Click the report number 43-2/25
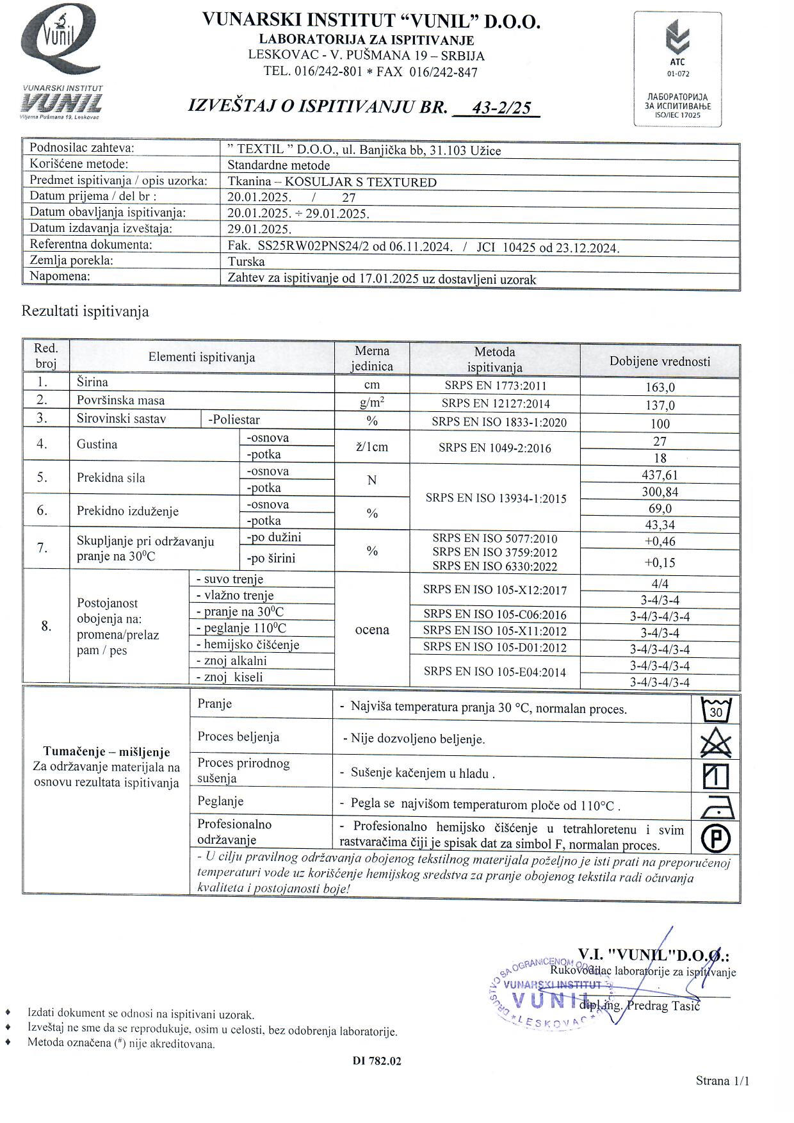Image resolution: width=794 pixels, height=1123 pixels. tap(501, 108)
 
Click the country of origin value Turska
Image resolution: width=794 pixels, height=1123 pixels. tap(247, 261)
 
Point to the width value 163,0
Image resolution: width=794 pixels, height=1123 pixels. tap(660, 388)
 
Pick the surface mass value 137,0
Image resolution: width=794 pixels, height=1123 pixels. tap(660, 406)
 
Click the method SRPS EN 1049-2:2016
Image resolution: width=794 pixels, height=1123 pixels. tap(494, 448)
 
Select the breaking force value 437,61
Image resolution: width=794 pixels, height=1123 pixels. tap(660, 475)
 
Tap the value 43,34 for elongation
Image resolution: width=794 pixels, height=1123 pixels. tap(660, 525)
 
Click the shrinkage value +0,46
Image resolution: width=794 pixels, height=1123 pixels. tap(660, 541)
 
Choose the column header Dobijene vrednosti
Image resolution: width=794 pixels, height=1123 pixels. tap(660, 361)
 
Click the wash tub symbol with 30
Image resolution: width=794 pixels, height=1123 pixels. tap(716, 710)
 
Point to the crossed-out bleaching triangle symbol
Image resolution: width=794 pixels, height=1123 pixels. tap(716, 743)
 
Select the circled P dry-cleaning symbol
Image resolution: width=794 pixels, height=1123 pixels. tap(717, 837)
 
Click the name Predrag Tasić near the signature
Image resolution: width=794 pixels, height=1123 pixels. tap(663, 1005)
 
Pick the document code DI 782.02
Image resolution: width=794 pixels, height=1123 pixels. tap(377, 1061)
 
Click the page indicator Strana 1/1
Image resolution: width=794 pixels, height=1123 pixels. tap(722, 1081)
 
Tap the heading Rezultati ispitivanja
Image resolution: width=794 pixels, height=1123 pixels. tap(85, 311)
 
